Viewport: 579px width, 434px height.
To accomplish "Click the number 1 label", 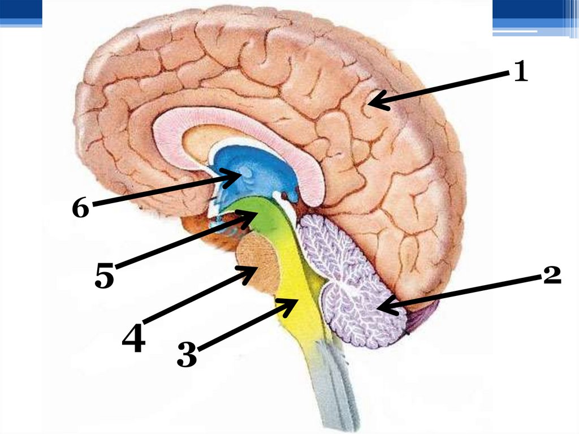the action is tap(520, 72).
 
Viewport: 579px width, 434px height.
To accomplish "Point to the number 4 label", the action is tap(133, 337).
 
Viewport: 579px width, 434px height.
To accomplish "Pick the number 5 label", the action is tap(104, 276).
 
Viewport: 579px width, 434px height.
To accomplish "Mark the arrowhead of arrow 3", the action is tap(293, 302).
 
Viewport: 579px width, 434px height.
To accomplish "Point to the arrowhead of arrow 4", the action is tap(253, 271).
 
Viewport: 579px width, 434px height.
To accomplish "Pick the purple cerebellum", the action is tap(351, 283).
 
